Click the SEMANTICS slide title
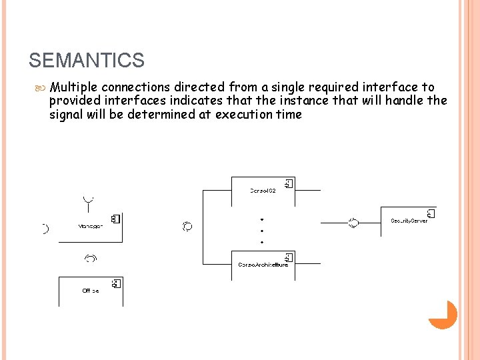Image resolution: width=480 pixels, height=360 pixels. coord(87,61)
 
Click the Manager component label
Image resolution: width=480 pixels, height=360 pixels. coord(91,226)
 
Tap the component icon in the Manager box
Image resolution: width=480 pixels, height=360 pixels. coord(115,218)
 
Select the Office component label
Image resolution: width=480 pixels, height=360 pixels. coord(91,291)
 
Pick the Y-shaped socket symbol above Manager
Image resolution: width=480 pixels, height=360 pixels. coord(88,199)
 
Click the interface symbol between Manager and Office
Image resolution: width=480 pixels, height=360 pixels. coord(90,257)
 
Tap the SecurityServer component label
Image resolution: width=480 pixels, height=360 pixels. coord(409,221)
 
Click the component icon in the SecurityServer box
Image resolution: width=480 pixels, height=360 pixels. coord(430,213)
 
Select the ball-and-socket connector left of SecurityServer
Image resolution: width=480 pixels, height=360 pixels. coord(353,223)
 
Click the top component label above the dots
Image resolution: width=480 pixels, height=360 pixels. coord(263,191)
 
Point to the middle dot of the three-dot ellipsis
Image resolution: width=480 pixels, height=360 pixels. coord(263,231)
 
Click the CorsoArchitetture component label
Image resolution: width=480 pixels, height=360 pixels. coord(263,265)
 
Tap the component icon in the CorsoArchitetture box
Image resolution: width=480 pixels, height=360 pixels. coord(289,257)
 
